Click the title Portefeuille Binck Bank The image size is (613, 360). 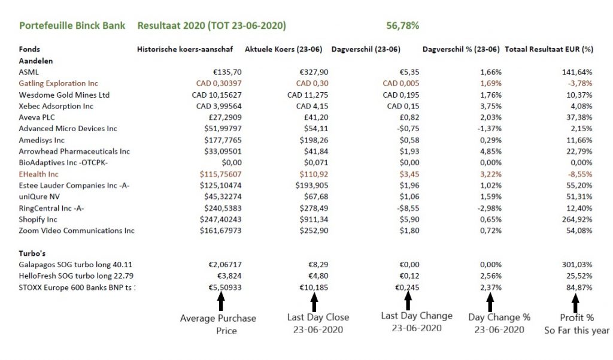click(72, 26)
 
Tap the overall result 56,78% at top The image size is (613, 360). click(403, 26)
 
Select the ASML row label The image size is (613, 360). click(29, 72)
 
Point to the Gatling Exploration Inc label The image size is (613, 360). click(58, 83)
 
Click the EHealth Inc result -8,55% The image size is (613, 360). click(579, 174)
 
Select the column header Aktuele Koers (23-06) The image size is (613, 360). click(295, 49)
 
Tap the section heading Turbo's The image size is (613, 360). click(32, 253)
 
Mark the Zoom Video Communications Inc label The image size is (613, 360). click(77, 231)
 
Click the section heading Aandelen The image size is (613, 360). click(35, 60)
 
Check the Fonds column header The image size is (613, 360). click(29, 49)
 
